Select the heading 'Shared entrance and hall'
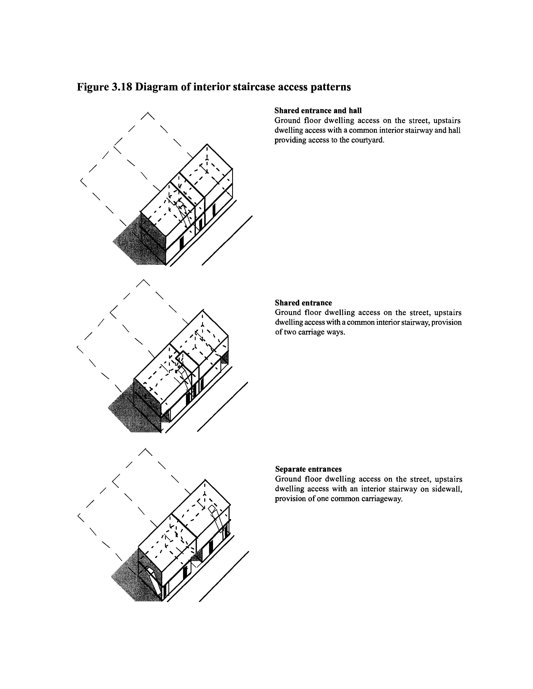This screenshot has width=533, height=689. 318,111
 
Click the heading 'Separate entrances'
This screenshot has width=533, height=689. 308,469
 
